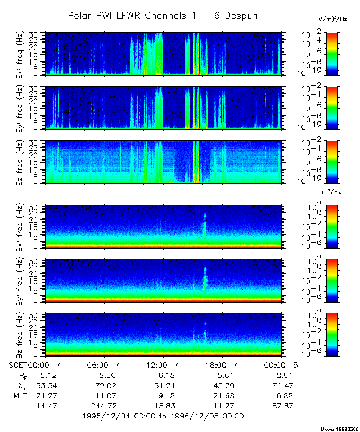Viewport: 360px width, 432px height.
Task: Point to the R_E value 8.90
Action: pyautogui.click(x=107, y=375)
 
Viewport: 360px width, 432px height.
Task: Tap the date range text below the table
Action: pyautogui.click(x=163, y=416)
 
